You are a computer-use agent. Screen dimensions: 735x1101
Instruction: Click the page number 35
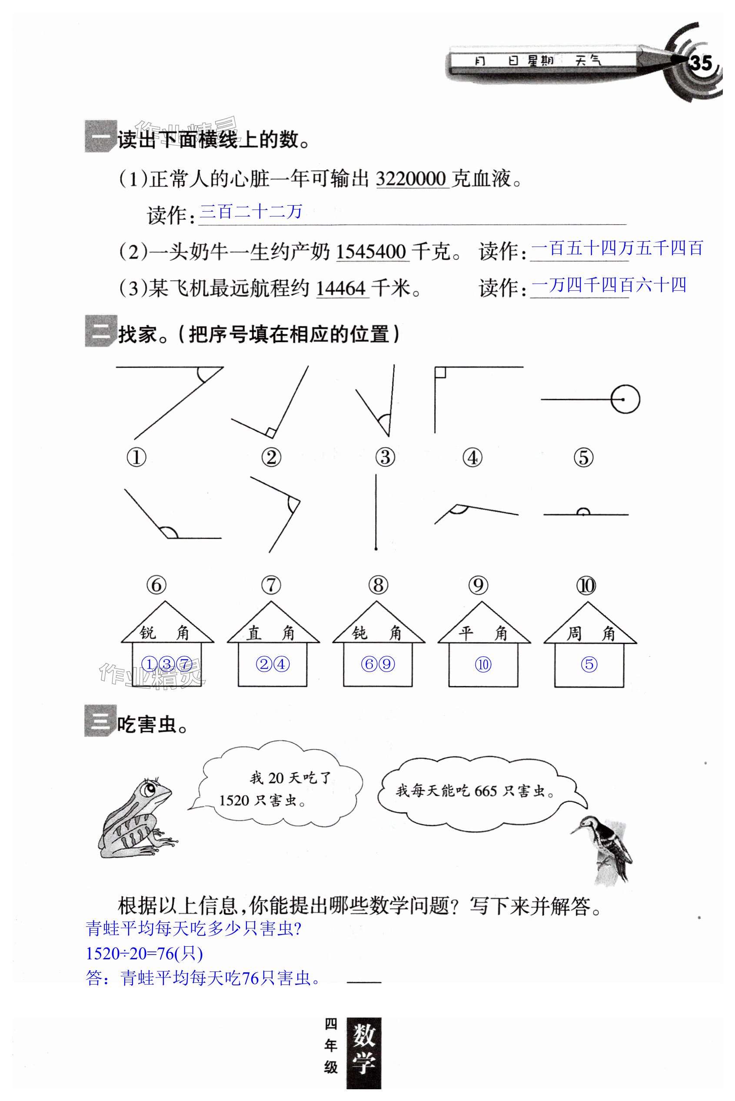[700, 63]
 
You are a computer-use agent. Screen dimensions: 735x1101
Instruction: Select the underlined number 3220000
[411, 179]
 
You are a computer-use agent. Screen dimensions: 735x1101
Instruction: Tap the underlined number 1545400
[371, 252]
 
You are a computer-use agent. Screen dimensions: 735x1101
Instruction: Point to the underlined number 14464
[341, 288]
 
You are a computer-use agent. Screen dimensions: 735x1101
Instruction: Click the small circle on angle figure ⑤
[625, 399]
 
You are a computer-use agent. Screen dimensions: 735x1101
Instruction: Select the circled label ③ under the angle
[385, 457]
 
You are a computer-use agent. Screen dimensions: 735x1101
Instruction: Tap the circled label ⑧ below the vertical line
[378, 585]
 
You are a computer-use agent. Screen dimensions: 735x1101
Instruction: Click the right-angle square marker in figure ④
[440, 373]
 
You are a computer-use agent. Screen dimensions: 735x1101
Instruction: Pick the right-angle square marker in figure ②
[270, 432]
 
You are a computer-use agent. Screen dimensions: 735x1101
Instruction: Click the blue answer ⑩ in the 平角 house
[483, 664]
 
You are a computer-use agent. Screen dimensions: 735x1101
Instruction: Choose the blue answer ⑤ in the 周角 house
[589, 664]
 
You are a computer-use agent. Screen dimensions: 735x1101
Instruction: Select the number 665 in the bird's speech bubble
[485, 792]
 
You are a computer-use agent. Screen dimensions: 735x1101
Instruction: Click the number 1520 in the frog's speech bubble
[234, 801]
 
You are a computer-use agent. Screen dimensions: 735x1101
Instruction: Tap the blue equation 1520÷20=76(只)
[144, 954]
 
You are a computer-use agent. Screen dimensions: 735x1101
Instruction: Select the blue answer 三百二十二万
[251, 212]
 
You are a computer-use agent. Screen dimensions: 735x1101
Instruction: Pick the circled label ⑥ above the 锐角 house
[156, 585]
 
